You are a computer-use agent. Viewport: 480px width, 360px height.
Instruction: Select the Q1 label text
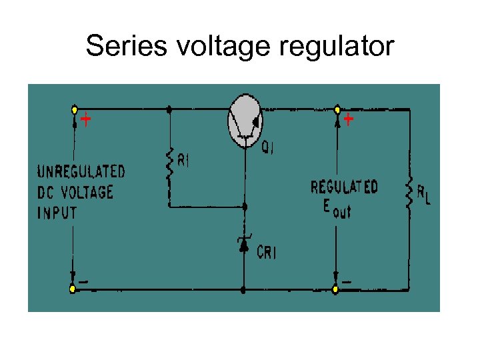[x=267, y=149]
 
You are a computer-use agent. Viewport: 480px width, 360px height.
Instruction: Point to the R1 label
[x=183, y=161]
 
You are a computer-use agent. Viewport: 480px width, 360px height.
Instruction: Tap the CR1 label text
[x=267, y=253]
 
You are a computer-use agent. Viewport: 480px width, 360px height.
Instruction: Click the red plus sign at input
[x=85, y=121]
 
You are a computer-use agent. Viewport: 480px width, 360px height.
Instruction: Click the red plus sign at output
[x=348, y=121]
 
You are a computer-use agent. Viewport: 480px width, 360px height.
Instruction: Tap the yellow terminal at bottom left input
[x=73, y=289]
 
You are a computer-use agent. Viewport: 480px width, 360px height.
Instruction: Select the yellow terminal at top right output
[x=337, y=109]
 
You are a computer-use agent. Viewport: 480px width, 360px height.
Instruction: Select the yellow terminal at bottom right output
[x=336, y=289]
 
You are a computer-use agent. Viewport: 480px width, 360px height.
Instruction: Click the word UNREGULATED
[x=81, y=171]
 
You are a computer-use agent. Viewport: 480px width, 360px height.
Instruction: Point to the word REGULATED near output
[x=344, y=187]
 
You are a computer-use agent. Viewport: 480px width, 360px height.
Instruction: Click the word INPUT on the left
[x=57, y=213]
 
